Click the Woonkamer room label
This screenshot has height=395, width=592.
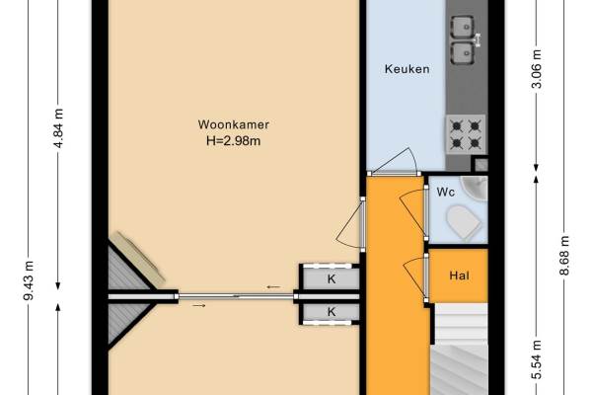[x=233, y=124]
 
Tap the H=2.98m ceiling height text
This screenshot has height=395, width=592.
[x=233, y=141]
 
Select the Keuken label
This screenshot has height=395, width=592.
[x=407, y=69]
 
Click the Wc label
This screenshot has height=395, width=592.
[x=446, y=192]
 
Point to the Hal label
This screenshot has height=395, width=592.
[x=460, y=276]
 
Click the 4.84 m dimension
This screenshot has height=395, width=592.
[x=58, y=128]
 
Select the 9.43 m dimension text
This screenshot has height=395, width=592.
[x=29, y=280]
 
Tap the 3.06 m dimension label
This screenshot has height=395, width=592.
[x=537, y=68]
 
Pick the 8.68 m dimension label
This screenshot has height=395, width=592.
[x=564, y=256]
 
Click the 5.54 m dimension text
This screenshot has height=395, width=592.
[x=537, y=359]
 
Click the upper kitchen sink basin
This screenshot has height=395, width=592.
[x=463, y=28]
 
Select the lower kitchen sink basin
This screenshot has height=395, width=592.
[x=463, y=53]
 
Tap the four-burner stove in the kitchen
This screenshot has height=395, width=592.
[x=466, y=134]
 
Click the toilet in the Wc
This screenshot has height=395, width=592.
[x=464, y=222]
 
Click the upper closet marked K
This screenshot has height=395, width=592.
[x=332, y=278]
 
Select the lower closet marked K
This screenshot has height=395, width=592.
[x=332, y=312]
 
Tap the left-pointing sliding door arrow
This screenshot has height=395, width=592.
[x=273, y=287]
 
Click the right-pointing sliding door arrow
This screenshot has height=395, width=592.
[x=199, y=305]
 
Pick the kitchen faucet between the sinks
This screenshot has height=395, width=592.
[x=478, y=40]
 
